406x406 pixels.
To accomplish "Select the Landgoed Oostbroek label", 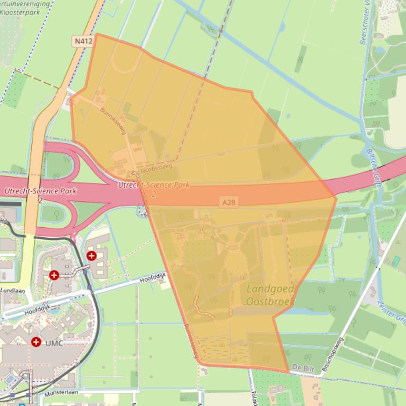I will pos(270,295).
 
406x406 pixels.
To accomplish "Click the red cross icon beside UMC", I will pos(36,342).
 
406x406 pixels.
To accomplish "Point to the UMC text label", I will pos(54,343).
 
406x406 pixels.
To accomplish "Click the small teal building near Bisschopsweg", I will pos(395,261).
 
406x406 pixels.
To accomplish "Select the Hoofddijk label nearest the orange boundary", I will pos(154,277).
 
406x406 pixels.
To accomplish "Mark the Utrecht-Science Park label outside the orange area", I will pos(40,192).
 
